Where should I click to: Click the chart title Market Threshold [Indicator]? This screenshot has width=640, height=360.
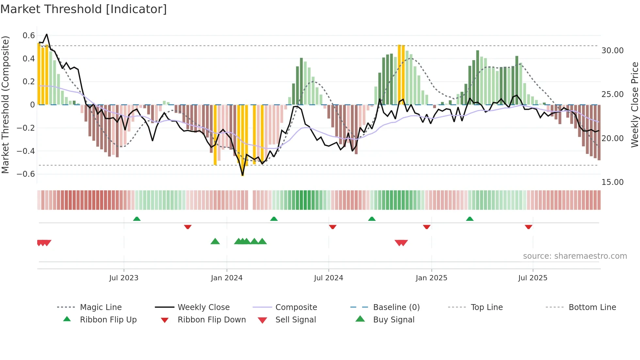tap(84, 9)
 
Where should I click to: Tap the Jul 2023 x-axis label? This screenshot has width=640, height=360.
tap(124, 278)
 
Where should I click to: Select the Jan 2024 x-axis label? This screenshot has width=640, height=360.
tap(227, 278)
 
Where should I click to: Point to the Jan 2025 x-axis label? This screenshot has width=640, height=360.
tap(431, 278)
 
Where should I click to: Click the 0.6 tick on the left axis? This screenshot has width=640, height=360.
tap(29, 35)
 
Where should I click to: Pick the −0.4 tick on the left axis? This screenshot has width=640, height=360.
tap(26, 151)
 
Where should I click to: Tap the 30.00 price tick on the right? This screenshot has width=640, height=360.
tap(613, 51)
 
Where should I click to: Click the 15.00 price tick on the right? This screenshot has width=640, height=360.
tap(613, 182)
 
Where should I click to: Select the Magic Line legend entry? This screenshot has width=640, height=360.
tap(101, 307)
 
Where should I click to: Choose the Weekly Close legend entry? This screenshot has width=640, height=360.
tap(203, 307)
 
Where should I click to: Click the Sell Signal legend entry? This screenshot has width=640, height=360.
tap(296, 320)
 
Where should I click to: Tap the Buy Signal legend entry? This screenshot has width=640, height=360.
tap(393, 320)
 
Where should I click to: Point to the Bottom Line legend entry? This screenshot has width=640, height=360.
tap(592, 307)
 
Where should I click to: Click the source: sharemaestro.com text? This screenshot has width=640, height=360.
tap(575, 256)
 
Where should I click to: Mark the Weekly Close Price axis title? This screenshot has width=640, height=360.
tap(634, 105)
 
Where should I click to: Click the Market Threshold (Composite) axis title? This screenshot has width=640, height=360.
tap(5, 105)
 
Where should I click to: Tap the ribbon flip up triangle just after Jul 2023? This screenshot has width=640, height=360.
tap(137, 219)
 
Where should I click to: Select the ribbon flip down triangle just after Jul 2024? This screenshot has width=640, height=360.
tap(333, 227)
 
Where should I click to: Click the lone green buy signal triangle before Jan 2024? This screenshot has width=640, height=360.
tap(215, 241)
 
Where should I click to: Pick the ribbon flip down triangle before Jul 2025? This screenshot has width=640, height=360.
tap(529, 227)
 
